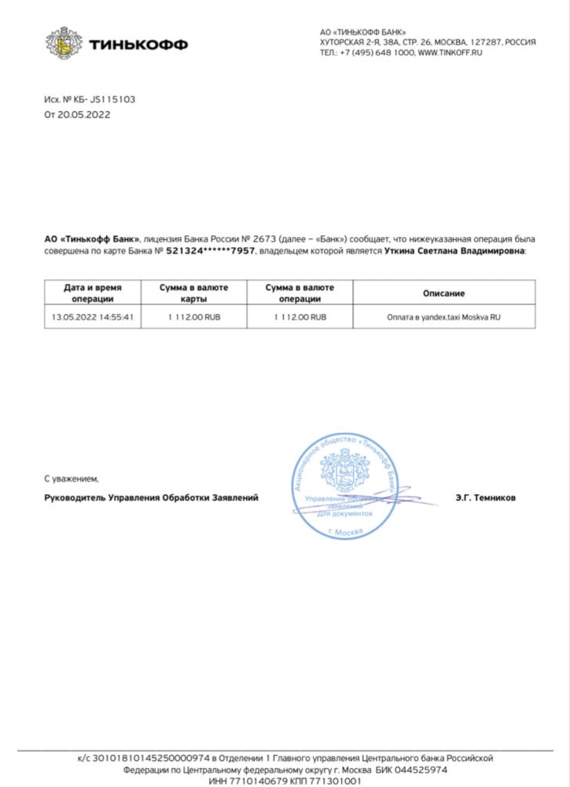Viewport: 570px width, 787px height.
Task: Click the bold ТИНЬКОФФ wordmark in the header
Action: pos(138,45)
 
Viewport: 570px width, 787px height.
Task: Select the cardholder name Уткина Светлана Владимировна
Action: pos(456,251)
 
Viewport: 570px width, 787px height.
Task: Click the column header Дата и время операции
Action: pos(93,293)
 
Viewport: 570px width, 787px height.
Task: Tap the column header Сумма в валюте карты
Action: pos(193,293)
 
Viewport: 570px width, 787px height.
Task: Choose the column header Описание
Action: pos(443,293)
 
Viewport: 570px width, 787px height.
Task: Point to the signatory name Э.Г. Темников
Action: pos(485,497)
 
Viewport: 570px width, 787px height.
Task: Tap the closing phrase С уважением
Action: pos(72,478)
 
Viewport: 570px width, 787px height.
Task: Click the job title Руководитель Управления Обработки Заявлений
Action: pos(151,497)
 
